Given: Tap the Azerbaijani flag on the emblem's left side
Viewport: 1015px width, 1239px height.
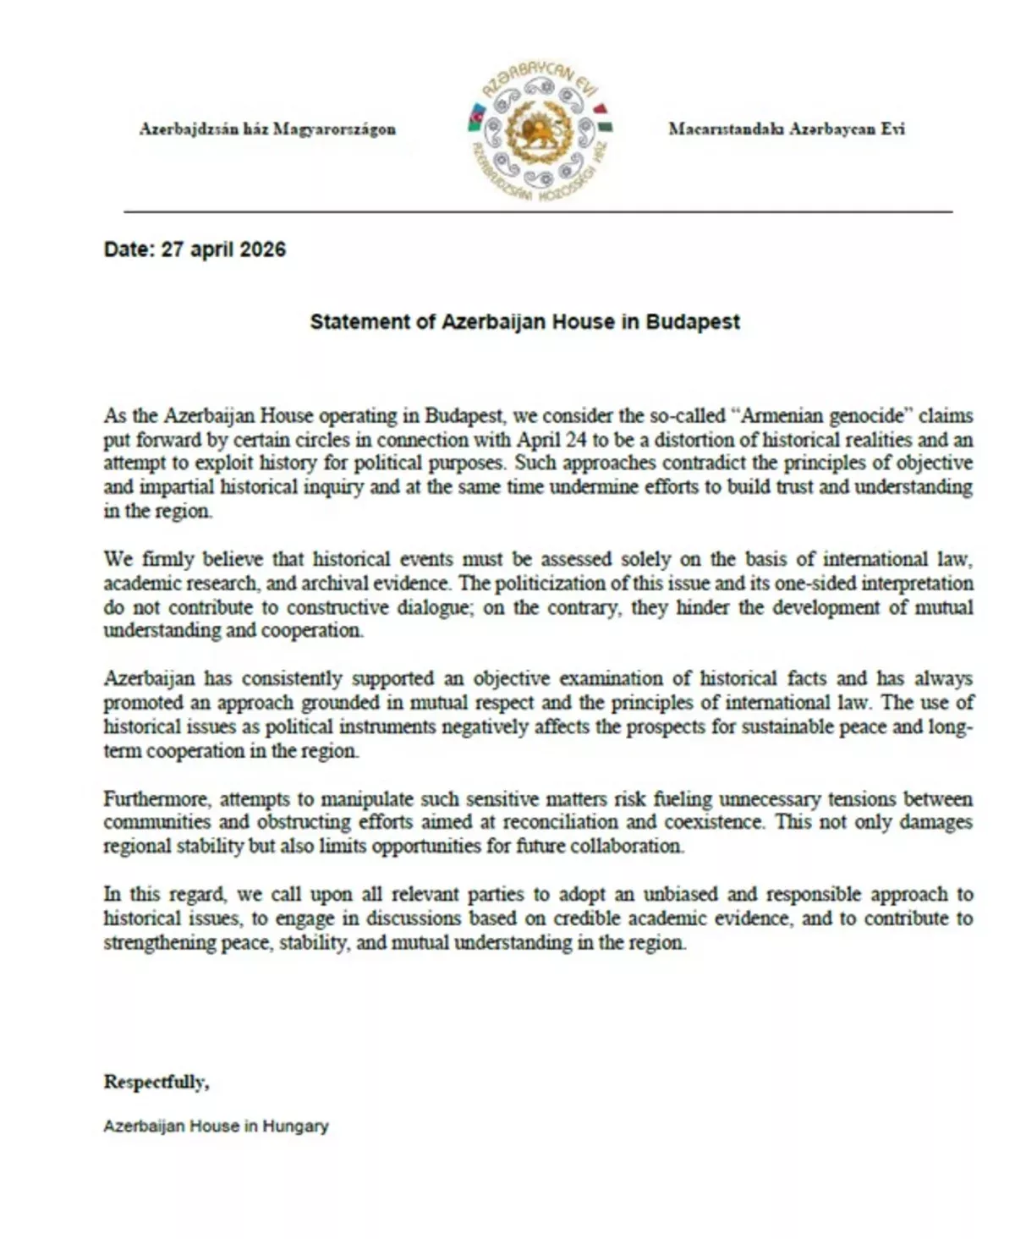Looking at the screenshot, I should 475,118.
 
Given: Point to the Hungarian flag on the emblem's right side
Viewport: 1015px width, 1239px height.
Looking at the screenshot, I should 604,118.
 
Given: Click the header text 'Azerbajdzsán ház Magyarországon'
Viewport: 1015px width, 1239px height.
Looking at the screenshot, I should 267,129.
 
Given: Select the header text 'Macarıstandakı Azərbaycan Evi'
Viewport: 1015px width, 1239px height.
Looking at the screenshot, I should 786,129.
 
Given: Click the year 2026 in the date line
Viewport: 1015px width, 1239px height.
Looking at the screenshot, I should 262,249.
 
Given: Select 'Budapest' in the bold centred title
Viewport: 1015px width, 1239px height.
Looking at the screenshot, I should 693,322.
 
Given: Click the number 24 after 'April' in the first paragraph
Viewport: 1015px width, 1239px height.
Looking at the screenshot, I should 564,440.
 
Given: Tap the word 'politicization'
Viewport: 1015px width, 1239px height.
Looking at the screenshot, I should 551,583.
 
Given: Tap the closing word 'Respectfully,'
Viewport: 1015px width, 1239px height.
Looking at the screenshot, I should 156,1082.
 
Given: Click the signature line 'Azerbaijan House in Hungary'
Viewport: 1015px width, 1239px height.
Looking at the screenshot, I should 216,1127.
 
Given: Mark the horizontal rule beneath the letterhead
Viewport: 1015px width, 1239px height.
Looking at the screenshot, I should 538,211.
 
